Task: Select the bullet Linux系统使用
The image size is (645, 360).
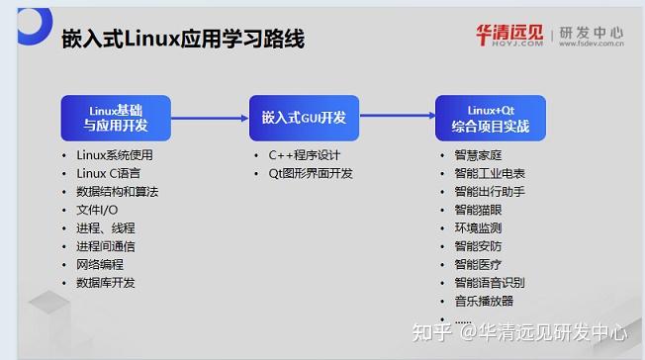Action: [x=115, y=155]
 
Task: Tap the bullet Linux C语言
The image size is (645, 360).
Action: [x=108, y=173]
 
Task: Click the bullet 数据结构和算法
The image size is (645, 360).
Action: [x=117, y=191]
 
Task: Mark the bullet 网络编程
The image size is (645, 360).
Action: [x=100, y=264]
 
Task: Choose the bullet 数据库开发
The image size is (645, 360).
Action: [x=105, y=282]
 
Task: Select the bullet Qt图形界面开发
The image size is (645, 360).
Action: [x=311, y=173]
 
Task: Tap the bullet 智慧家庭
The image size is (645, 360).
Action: [x=478, y=155]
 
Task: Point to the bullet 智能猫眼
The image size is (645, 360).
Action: [x=478, y=210]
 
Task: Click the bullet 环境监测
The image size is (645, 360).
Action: [x=478, y=227]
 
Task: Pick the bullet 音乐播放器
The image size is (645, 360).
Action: [x=484, y=301]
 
